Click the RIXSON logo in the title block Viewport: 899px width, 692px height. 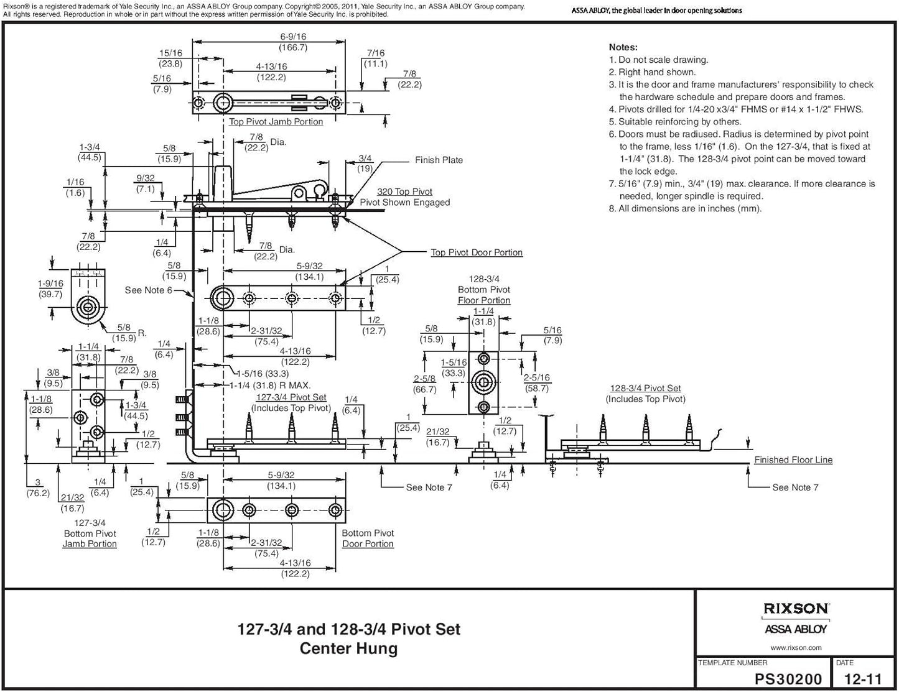(x=796, y=609)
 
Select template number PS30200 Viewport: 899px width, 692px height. (x=788, y=680)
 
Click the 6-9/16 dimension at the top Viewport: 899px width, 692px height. (x=293, y=37)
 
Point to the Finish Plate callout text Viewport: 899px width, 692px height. (x=439, y=160)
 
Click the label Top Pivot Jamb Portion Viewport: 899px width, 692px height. (x=276, y=122)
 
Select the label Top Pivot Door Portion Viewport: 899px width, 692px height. (x=477, y=252)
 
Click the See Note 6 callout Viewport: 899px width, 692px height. (x=148, y=290)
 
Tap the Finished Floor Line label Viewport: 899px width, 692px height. (x=793, y=460)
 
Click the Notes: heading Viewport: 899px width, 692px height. (x=623, y=47)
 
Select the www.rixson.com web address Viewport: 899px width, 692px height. (x=796, y=647)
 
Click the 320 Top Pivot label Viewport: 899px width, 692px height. (x=404, y=191)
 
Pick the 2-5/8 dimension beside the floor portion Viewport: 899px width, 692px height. (x=424, y=379)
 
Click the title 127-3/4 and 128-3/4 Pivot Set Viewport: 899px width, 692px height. (x=349, y=629)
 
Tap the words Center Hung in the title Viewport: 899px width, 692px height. (x=348, y=648)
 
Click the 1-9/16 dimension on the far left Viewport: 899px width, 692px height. (x=50, y=284)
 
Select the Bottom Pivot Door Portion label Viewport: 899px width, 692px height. (x=368, y=538)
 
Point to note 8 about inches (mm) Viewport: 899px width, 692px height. (x=685, y=209)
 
